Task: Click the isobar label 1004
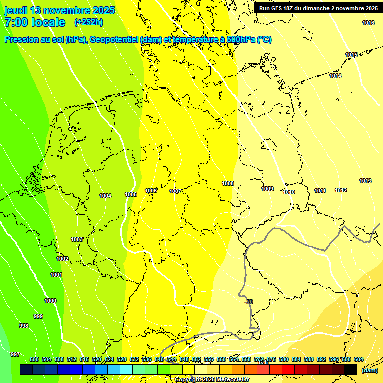click(105, 196)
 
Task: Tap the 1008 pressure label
click(228, 183)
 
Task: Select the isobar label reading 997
click(15, 354)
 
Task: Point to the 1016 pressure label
click(368, 23)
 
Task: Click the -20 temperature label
click(249, 302)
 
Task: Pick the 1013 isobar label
click(365, 181)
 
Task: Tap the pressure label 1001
click(56, 275)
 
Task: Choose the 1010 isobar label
click(289, 192)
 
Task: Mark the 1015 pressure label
click(351, 55)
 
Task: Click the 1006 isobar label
click(151, 191)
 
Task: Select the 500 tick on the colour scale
click(34, 359)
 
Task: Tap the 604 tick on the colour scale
click(358, 359)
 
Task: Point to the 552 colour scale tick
click(196, 359)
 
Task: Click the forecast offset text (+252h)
click(89, 22)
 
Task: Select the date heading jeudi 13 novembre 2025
click(60, 10)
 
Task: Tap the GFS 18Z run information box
click(318, 8)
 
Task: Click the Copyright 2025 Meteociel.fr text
click(211, 379)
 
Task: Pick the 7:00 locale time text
click(35, 22)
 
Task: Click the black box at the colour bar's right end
click(351, 369)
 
